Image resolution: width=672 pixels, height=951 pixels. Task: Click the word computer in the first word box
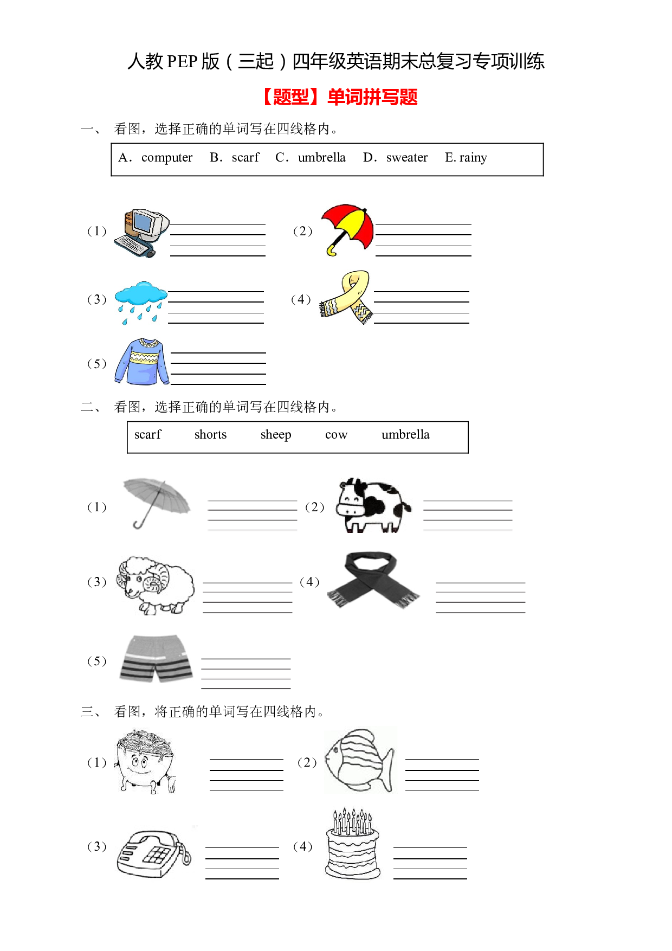[167, 158]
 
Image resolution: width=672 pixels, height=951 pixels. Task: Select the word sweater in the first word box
[407, 158]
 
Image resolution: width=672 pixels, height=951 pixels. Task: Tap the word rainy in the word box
[473, 158]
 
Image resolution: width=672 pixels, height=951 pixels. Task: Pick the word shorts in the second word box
[211, 434]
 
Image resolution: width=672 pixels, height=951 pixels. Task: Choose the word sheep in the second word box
[276, 435]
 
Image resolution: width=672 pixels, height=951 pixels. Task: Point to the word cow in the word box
[337, 435]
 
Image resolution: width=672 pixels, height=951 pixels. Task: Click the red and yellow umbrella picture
[347, 229]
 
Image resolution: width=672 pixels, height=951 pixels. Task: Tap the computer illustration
[142, 233]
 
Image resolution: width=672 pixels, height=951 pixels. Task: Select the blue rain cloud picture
[141, 303]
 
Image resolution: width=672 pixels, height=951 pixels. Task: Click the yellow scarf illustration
[346, 297]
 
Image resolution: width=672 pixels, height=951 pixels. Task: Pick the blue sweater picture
[142, 362]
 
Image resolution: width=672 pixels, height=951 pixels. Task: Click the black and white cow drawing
[373, 505]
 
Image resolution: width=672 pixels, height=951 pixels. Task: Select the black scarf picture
[373, 580]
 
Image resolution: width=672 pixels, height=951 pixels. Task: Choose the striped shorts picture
[156, 659]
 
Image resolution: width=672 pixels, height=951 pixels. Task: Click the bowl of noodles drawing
[145, 761]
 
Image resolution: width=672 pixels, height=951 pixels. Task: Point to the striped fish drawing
[360, 761]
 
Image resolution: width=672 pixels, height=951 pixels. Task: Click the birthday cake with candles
[353, 844]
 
